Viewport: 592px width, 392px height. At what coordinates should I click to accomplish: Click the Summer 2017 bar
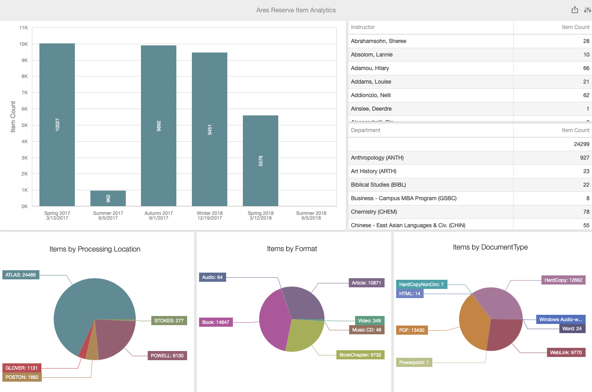pos(108,198)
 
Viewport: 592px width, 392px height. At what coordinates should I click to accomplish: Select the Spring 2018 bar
pos(260,161)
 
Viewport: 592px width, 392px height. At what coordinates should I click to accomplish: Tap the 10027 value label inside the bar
pos(57,125)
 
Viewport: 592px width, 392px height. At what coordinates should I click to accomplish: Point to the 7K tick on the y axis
pos(25,93)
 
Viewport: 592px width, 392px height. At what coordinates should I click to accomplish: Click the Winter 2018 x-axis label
pos(209,215)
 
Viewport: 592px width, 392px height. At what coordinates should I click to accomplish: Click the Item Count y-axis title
pos(13,117)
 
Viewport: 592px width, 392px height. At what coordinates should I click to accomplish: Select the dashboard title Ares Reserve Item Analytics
pos(296,10)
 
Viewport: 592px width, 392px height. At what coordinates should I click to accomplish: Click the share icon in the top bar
pos(574,10)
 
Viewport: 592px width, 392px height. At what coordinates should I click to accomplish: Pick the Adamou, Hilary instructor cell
pos(370,68)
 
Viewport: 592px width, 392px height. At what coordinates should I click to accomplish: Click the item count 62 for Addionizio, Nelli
pos(586,95)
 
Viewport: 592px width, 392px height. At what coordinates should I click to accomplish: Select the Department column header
pos(365,130)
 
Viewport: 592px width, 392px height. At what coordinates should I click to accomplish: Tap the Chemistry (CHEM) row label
pos(374,212)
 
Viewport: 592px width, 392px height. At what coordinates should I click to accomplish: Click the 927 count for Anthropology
pos(584,158)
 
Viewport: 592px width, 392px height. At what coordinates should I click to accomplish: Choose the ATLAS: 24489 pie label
pos(21,275)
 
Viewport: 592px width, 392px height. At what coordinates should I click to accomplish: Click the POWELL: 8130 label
pos(167,356)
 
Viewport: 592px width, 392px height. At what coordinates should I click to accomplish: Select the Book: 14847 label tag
pos(216,322)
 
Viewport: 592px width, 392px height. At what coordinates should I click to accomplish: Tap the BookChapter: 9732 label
pos(360,355)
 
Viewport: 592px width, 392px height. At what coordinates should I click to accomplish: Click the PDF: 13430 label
pos(412,330)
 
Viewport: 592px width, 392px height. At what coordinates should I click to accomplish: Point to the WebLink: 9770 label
pos(566,353)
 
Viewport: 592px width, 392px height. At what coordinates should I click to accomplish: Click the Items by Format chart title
pos(292,249)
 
